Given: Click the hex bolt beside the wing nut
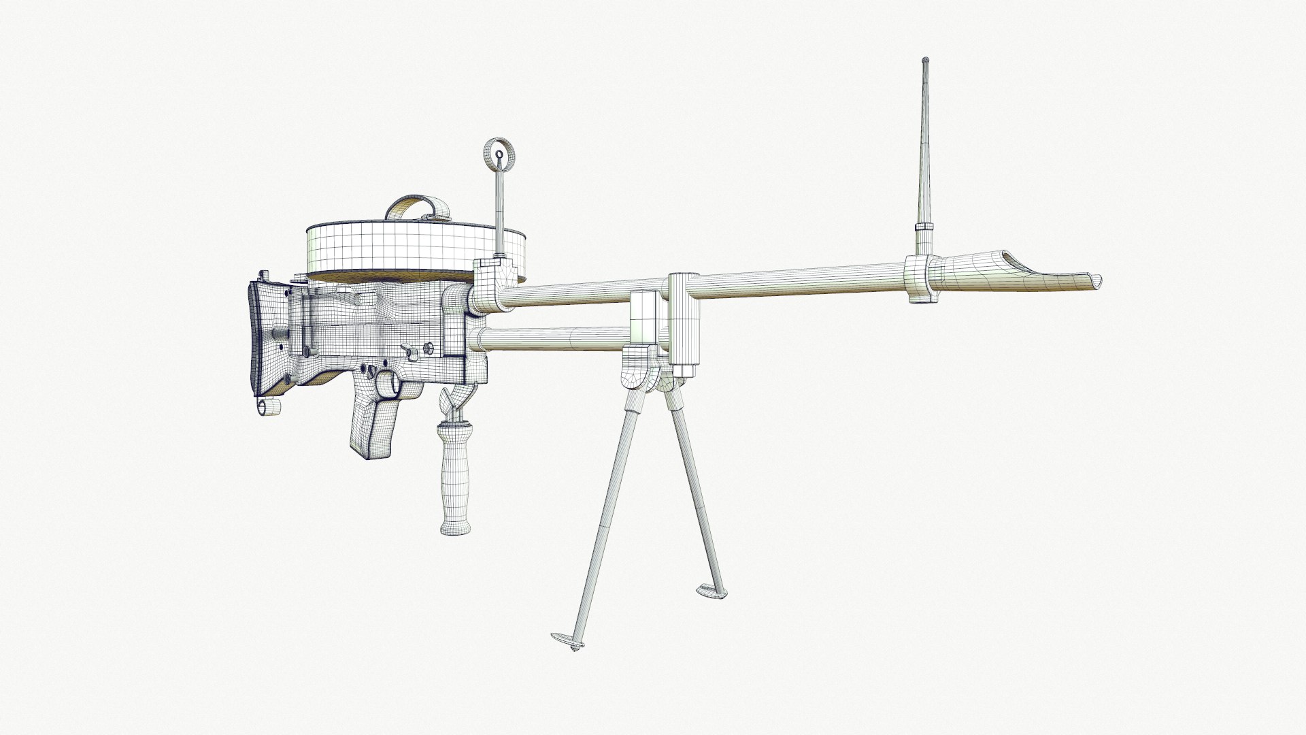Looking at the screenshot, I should click(429, 348).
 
